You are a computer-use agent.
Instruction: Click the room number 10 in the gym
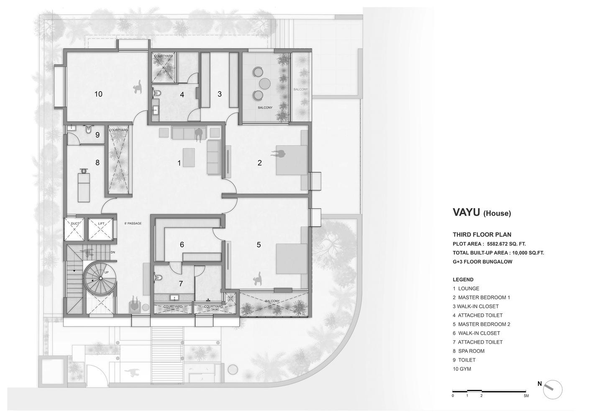click(98, 94)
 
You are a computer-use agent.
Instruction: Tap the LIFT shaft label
click(101, 223)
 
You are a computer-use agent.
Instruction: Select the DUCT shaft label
click(75, 224)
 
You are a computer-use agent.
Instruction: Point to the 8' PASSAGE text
click(133, 223)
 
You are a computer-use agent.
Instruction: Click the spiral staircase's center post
click(100, 278)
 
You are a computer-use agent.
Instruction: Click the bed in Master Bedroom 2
click(292, 259)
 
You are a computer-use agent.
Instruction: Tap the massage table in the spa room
click(84, 187)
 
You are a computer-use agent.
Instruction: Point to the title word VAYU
click(466, 212)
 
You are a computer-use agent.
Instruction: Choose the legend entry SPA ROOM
click(471, 351)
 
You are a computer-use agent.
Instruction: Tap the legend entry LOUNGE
click(469, 288)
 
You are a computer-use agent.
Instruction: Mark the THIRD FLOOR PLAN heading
click(482, 234)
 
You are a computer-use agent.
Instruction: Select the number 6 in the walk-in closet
click(182, 245)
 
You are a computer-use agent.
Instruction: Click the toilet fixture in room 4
click(157, 93)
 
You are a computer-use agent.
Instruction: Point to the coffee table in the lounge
click(189, 158)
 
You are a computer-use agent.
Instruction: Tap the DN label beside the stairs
click(113, 252)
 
